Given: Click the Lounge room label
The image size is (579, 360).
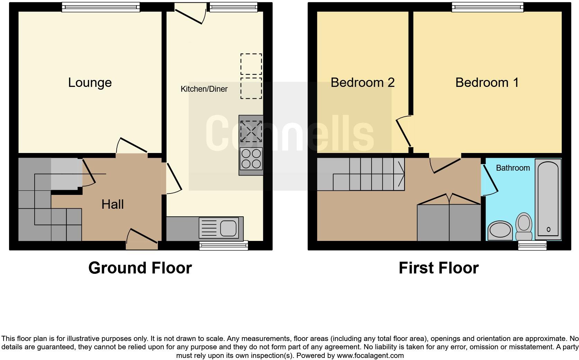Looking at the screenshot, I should (x=90, y=82).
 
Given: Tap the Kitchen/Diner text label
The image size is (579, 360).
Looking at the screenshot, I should (x=204, y=89).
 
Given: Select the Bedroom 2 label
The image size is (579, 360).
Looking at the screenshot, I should (x=362, y=82).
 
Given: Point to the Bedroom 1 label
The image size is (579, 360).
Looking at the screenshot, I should (x=487, y=82).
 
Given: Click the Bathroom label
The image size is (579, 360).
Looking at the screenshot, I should (x=513, y=168).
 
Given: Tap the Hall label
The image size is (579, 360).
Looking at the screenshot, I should (x=113, y=204).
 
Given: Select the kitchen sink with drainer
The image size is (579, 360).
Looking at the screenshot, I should (x=219, y=227).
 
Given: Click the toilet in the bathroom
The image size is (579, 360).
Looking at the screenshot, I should (x=524, y=226).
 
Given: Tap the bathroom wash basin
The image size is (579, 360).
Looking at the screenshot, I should (x=500, y=231).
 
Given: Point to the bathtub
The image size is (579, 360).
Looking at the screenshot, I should (x=548, y=199).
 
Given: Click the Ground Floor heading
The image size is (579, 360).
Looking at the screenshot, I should (x=140, y=268).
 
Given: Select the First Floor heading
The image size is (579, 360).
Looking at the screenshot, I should (x=438, y=268).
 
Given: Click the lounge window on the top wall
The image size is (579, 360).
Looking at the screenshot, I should (x=100, y=7).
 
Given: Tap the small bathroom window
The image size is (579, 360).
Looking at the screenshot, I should (x=532, y=245).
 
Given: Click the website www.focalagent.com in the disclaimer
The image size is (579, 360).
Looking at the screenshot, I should (x=370, y=355).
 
